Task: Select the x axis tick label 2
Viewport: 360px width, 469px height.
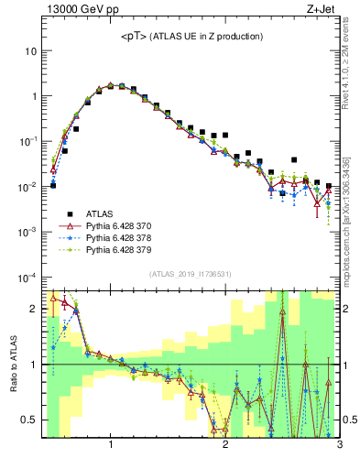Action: pyautogui.click(x=225, y=445)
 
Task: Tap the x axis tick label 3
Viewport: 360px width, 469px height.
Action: pyautogui.click(x=339, y=445)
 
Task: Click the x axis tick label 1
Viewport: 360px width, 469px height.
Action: pyautogui.click(x=111, y=445)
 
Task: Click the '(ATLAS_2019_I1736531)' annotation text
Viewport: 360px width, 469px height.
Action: pyautogui.click(x=191, y=274)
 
